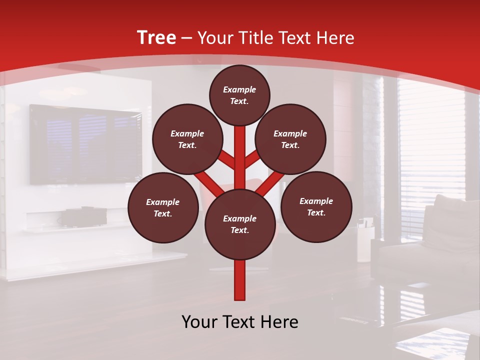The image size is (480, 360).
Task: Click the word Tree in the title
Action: click(156, 38)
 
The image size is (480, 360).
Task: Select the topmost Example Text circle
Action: click(239, 95)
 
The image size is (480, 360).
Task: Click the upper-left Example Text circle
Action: click(187, 139)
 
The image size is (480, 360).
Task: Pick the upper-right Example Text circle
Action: click(290, 139)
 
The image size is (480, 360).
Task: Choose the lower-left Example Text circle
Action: click(163, 207)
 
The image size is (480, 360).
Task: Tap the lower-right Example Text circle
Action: click(316, 206)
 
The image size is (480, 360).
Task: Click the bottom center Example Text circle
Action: click(240, 224)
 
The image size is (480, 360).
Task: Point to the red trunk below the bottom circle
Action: click(240, 280)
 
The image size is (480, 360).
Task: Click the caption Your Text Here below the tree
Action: click(240, 322)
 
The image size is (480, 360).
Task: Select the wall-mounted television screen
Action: click(85, 144)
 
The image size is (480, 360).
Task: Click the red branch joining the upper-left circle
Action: click(226, 160)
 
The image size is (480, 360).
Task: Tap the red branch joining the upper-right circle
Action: click(253, 160)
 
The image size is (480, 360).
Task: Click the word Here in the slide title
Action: click(336, 38)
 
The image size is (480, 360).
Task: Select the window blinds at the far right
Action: click(430, 135)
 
